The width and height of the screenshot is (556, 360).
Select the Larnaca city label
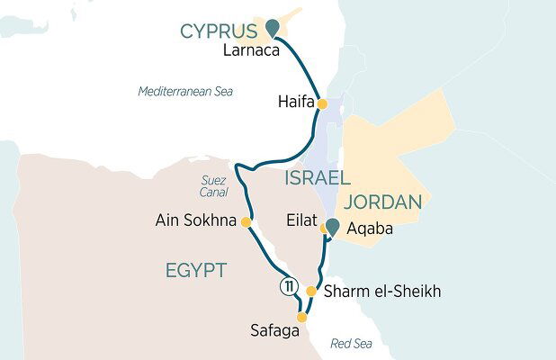pyautogui.click(x=248, y=51)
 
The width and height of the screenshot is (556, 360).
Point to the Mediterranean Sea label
pyautogui.click(x=185, y=92)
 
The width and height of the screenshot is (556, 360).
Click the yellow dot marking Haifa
pyautogui.click(x=321, y=104)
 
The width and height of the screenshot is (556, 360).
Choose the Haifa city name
pyautogui.click(x=295, y=104)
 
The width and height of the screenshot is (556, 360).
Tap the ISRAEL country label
pyautogui.click(x=317, y=177)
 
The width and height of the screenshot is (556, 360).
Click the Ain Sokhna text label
pyautogui.click(x=195, y=221)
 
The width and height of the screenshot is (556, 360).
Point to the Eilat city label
pyautogui.click(x=300, y=219)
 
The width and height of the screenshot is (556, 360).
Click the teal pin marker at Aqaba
pyautogui.click(x=333, y=229)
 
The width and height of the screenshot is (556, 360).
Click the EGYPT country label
pyautogui.click(x=195, y=270)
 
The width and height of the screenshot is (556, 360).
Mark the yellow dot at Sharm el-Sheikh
pyautogui.click(x=310, y=292)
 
